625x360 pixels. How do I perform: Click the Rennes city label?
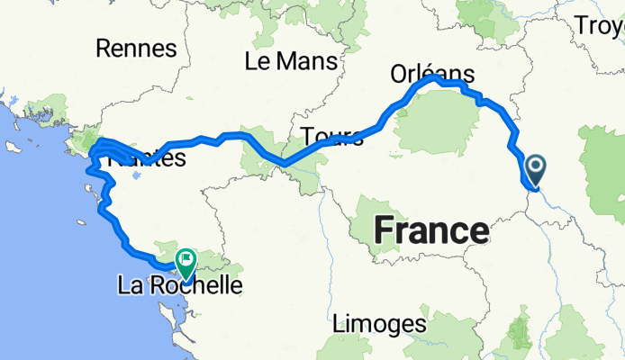coord(131,48)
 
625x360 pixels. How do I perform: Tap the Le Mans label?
coord(290,61)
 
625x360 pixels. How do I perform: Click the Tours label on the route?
coord(332,137)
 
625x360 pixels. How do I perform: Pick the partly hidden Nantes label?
coord(146,160)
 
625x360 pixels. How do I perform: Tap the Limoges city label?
coord(378,322)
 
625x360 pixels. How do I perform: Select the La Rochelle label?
coord(180,287)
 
